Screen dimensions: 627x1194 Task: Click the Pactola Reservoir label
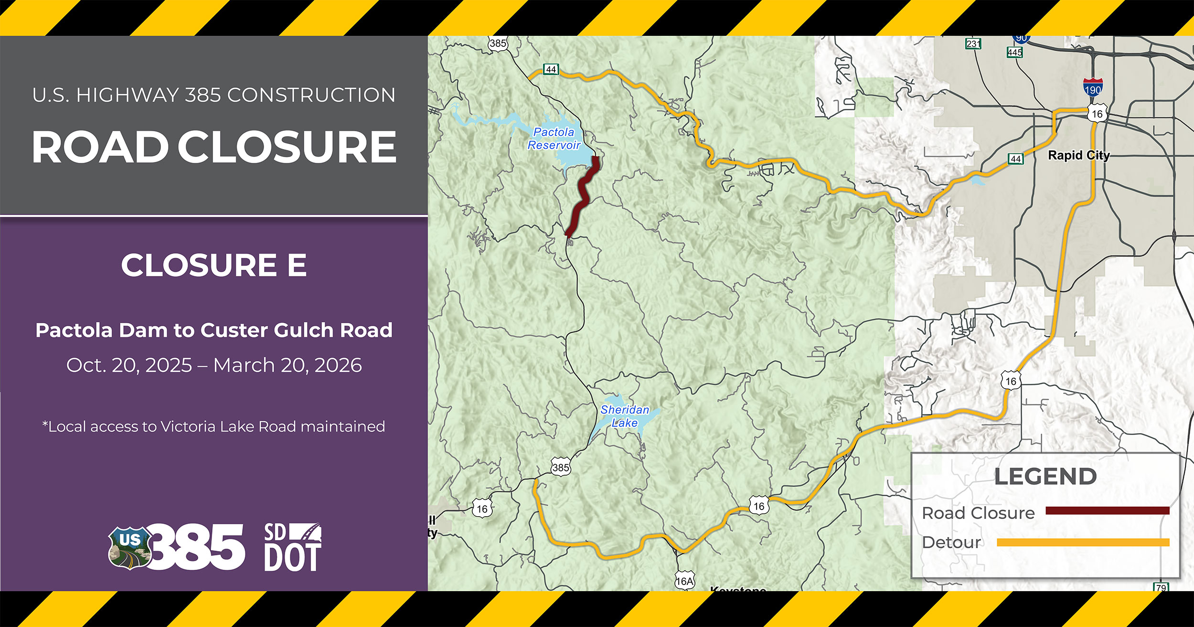554,138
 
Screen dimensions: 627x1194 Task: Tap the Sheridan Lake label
625,416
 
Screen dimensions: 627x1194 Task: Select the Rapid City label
1078,155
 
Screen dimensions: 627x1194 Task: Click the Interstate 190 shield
1093,88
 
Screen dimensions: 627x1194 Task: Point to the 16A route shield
684,581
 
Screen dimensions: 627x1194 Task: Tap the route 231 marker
973,44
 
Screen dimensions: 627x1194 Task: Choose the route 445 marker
1014,52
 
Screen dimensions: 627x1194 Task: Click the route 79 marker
1161,587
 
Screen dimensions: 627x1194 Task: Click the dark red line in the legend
1107,511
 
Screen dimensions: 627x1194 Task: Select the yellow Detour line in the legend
1083,542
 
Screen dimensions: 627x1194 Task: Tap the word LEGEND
1045,477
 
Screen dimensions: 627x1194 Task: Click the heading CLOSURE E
213,265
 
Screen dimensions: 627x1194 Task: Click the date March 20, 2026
288,365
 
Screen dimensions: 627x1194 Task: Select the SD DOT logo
292,547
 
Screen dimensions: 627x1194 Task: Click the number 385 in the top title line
203,95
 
